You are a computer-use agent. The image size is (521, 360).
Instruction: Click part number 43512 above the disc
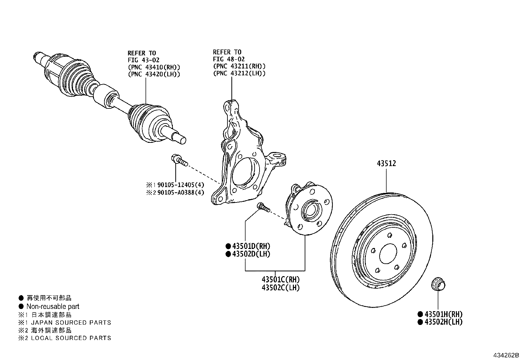(386, 163)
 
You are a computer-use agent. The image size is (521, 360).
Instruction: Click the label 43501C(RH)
(280, 280)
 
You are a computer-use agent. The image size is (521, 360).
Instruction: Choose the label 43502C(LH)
(280, 288)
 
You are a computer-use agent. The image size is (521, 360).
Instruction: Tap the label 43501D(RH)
(251, 246)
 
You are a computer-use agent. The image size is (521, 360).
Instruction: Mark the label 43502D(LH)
(251, 254)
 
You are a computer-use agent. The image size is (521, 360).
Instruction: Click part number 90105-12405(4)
(180, 184)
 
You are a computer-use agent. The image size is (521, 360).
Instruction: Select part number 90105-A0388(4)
(180, 192)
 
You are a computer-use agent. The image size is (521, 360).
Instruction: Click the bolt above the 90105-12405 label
(178, 160)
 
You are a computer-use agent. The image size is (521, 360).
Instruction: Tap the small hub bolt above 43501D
(263, 207)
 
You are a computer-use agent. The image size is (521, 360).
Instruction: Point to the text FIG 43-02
(142, 60)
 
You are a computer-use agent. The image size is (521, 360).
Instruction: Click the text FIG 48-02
(227, 59)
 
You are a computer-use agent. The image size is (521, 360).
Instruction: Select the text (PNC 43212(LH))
(239, 73)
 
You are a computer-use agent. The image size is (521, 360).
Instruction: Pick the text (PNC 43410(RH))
(154, 67)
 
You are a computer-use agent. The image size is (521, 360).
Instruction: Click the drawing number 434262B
(506, 355)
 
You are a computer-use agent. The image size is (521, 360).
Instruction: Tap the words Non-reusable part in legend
(53, 307)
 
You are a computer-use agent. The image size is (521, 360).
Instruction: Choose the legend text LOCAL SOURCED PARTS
(71, 338)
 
